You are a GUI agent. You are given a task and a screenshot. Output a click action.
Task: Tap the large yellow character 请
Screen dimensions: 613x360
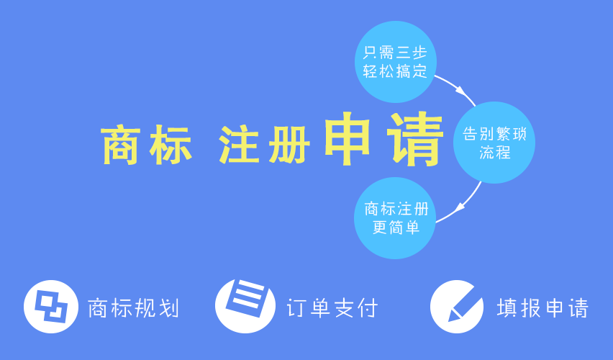[416, 139]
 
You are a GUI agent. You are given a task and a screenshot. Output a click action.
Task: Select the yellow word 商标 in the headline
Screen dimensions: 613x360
[146, 144]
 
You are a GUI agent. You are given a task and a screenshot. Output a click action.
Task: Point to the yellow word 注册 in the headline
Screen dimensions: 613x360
[264, 144]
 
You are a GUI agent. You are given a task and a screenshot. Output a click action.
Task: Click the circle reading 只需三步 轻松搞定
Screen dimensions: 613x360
[395, 62]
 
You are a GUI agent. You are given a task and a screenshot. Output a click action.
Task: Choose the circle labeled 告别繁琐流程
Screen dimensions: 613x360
[494, 143]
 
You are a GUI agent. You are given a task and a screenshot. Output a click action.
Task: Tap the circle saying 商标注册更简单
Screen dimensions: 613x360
[395, 218]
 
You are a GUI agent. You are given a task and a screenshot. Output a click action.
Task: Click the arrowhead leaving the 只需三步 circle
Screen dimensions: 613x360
[461, 91]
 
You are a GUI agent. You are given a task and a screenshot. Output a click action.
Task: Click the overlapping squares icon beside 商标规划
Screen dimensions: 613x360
[51, 307]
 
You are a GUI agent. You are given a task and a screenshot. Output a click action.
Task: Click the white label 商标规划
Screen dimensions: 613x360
[133, 308]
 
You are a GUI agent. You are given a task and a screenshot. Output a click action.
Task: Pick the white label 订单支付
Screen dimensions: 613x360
[332, 308]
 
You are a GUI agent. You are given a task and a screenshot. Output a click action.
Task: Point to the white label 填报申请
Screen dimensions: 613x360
[542, 308]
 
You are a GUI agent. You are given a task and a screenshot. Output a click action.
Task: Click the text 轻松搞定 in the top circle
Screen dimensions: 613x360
[395, 71]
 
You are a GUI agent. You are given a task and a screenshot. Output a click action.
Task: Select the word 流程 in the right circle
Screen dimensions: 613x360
[495, 152]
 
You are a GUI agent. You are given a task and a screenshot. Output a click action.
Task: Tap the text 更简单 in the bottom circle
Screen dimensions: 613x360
[396, 228]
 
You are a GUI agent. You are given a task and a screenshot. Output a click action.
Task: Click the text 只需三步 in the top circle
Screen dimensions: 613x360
[395, 53]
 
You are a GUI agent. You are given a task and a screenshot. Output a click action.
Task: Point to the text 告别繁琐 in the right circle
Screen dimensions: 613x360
[494, 134]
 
